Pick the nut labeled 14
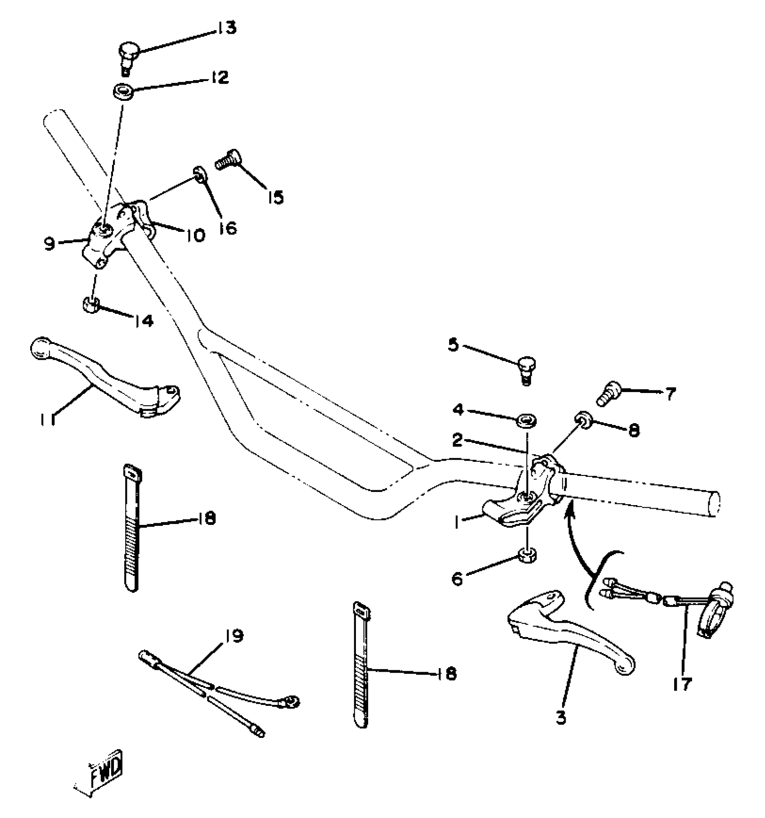tap(91, 305)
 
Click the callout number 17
tap(682, 685)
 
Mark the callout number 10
tap(194, 235)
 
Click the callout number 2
tap(458, 440)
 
